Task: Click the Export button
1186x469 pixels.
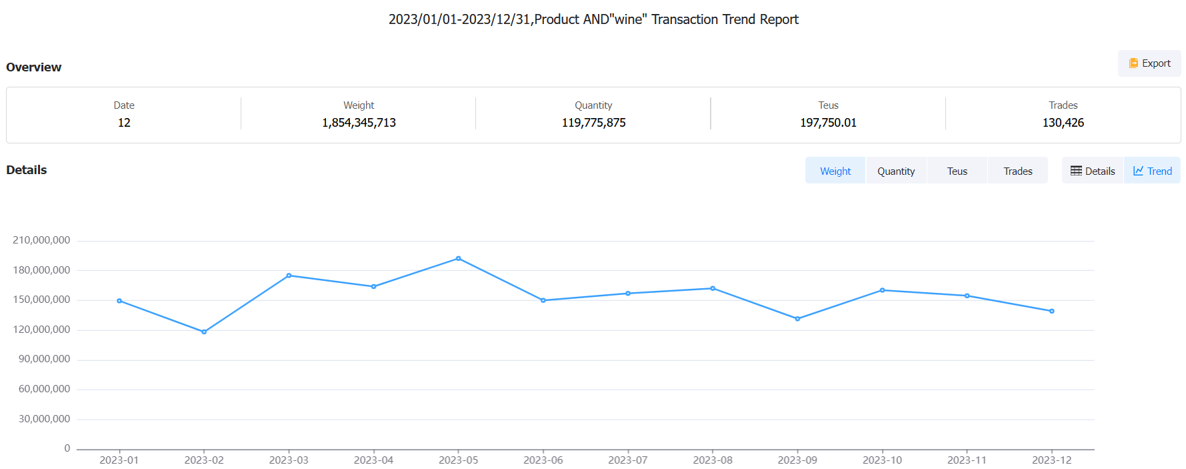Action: (1149, 63)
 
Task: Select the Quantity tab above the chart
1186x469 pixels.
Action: (895, 171)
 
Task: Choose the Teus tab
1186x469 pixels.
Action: (957, 171)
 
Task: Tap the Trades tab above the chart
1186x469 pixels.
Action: (1017, 171)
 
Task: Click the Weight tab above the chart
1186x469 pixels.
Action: (835, 171)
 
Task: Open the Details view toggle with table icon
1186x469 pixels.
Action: (1093, 171)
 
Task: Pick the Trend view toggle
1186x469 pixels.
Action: (1152, 171)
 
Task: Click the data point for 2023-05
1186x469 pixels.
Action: (459, 258)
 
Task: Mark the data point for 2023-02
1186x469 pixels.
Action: (204, 332)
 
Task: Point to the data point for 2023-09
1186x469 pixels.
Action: (797, 319)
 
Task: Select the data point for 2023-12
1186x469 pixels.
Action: (1052, 311)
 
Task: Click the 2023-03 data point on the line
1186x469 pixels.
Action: (289, 276)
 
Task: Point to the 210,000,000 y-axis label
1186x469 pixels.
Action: (41, 240)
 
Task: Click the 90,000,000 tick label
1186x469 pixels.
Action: (44, 359)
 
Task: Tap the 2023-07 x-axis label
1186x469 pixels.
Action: (628, 460)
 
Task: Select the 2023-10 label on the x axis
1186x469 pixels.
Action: (882, 460)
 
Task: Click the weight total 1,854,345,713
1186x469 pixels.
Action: (359, 123)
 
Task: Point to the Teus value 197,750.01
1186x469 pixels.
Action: (828, 123)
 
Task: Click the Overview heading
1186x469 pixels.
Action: (34, 67)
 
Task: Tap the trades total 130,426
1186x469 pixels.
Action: (1063, 123)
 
